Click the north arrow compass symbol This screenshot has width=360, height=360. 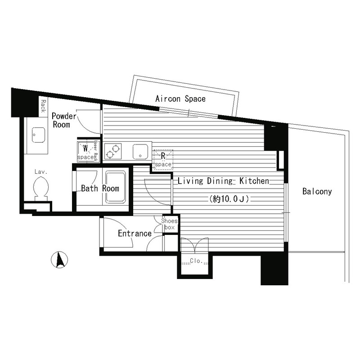59,261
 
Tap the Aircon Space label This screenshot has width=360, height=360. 180,99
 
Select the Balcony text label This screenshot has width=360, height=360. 317,192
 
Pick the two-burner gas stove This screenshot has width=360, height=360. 112,151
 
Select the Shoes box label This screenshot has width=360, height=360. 169,224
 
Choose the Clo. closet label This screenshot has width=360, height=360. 195,261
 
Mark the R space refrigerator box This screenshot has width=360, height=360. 163,160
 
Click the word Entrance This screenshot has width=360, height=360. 135,234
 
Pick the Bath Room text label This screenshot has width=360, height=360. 100,189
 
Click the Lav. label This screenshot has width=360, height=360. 41,171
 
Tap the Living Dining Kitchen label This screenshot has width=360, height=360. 223,181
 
